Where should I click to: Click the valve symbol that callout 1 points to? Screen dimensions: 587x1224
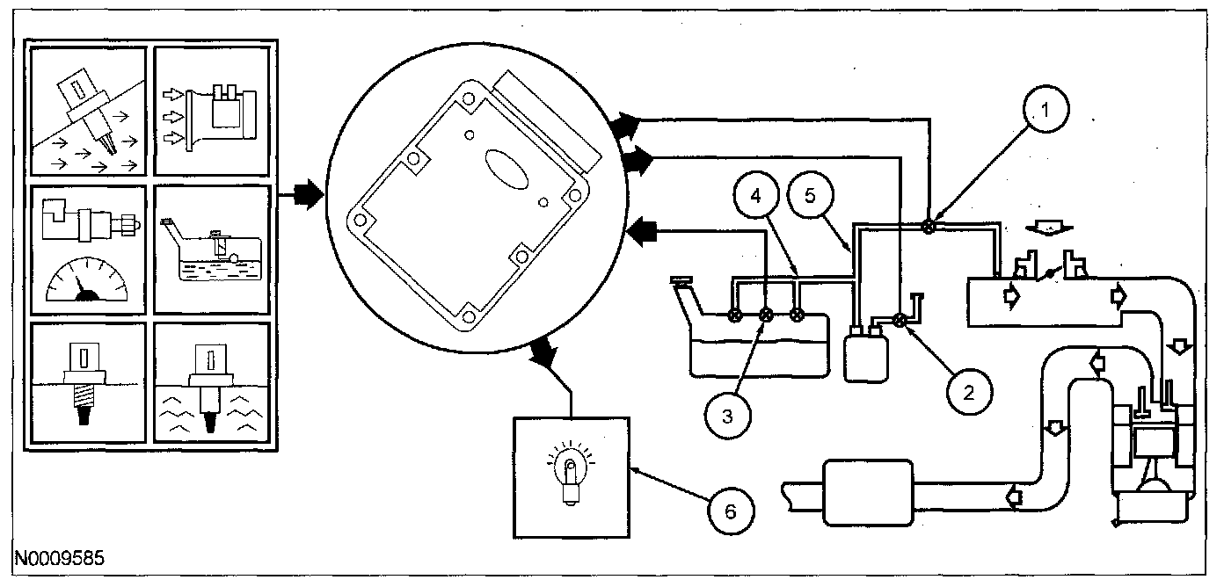point(927,226)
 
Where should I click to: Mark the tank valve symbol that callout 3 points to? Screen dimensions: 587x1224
point(766,315)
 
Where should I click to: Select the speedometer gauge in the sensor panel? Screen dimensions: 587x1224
point(86,281)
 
